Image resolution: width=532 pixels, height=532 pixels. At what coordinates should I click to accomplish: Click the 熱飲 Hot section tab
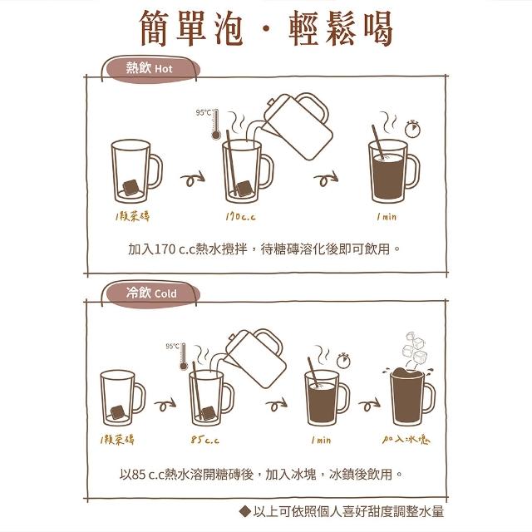pyautogui.click(x=151, y=69)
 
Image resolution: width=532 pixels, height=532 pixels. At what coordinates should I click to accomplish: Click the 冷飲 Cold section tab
pyautogui.click(x=151, y=293)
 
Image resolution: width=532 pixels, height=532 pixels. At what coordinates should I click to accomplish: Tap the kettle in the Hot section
pyautogui.click(x=296, y=126)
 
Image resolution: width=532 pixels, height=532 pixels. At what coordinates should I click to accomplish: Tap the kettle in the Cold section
pyautogui.click(x=256, y=358)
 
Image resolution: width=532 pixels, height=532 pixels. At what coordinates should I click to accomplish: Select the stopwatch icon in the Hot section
pyautogui.click(x=412, y=129)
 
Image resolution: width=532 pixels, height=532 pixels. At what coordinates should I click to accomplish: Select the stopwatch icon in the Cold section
pyautogui.click(x=343, y=360)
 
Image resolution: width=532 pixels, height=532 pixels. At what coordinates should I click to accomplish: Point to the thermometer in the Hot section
pyautogui.click(x=216, y=124)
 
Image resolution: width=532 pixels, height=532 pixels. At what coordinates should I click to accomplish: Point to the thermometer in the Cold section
pyautogui.click(x=184, y=357)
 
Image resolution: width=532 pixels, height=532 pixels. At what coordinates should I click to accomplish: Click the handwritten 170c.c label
pyautogui.click(x=240, y=216)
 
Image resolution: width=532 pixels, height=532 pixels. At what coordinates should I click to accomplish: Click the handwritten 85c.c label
pyautogui.click(x=204, y=440)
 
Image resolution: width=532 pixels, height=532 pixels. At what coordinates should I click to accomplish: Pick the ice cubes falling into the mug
pyautogui.click(x=414, y=347)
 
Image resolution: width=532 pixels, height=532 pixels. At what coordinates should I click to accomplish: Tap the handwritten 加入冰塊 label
pyautogui.click(x=406, y=440)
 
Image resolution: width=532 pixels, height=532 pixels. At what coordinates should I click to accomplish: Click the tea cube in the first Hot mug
pyautogui.click(x=131, y=187)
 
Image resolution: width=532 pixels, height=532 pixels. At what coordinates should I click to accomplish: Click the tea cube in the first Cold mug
pyautogui.click(x=118, y=412)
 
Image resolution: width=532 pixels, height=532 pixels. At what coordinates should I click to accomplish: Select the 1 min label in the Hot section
pyautogui.click(x=387, y=216)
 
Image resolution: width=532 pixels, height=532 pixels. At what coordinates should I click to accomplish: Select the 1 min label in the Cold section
pyautogui.click(x=321, y=440)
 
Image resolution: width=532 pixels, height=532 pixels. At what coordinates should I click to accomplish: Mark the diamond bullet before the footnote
pyautogui.click(x=244, y=511)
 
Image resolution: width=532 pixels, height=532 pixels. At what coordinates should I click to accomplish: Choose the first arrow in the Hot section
pyautogui.click(x=192, y=179)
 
